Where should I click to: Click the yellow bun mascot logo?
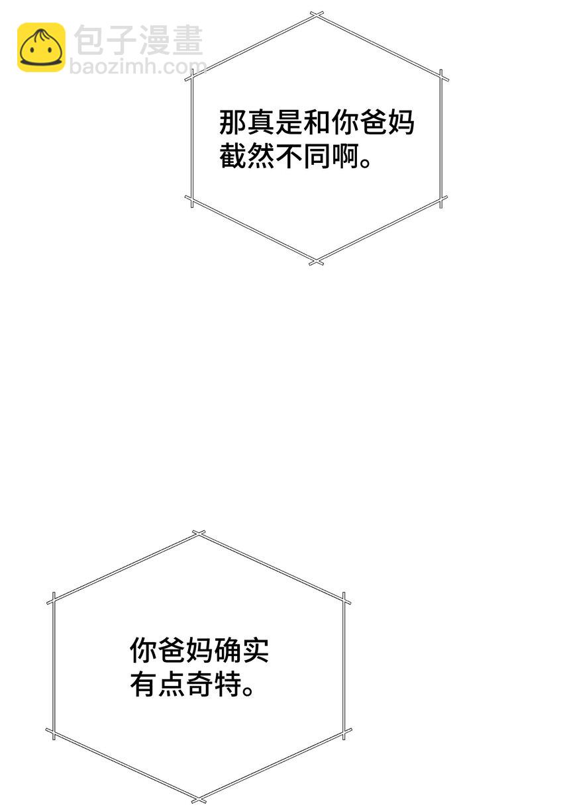[x=41, y=47]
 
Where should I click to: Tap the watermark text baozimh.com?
[x=138, y=66]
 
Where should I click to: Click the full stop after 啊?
[x=365, y=163]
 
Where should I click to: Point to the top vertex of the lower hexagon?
[x=199, y=534]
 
